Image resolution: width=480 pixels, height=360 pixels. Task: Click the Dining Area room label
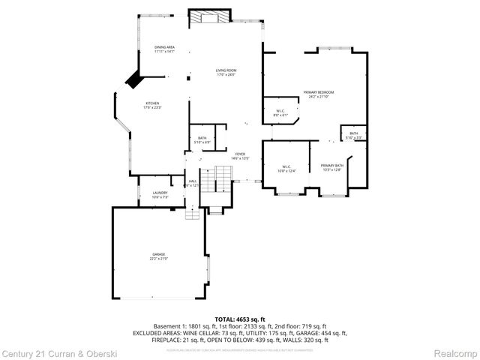(164, 49)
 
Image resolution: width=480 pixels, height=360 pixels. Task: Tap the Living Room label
(226, 73)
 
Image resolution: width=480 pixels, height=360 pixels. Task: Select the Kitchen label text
(152, 105)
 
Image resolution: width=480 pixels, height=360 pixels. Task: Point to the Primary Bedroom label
(319, 94)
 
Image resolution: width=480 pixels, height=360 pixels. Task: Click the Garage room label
(159, 256)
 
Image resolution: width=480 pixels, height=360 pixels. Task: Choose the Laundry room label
(160, 194)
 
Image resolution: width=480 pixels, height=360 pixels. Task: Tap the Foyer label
(239, 156)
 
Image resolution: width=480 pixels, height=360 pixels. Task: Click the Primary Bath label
(331, 167)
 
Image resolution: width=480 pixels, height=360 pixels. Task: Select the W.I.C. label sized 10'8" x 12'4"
(286, 169)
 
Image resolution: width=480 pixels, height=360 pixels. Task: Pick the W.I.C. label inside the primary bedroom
(279, 113)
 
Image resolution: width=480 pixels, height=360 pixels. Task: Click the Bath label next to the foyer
(202, 139)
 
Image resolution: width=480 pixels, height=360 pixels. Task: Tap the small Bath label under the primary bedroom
(353, 135)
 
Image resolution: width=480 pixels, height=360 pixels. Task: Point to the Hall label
(193, 182)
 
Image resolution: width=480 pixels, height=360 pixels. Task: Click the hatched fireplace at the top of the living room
(209, 18)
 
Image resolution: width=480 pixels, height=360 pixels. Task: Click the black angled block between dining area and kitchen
(133, 78)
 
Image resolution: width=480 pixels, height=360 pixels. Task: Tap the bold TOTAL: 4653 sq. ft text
(240, 319)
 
